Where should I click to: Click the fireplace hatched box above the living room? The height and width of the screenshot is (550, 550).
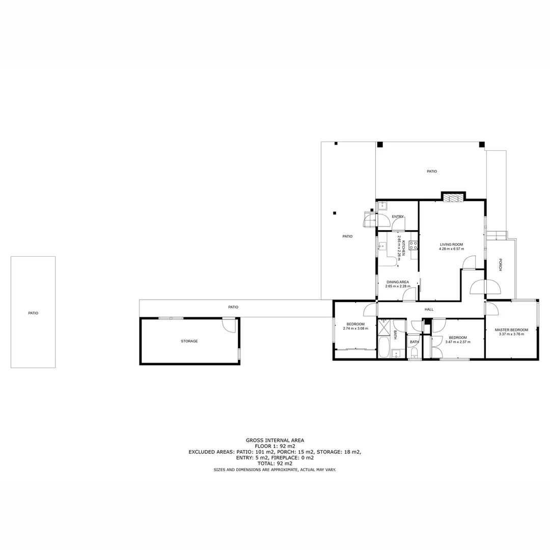(453, 197)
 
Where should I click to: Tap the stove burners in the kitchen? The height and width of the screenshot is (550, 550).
(413, 245)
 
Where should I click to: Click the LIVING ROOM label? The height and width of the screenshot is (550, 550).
(451, 244)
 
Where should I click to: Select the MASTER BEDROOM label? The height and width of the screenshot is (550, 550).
(511, 330)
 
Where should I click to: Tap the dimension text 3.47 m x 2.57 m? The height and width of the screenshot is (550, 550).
(457, 342)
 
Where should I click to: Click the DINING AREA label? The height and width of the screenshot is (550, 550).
(397, 282)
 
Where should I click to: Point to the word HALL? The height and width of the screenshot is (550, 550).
(429, 309)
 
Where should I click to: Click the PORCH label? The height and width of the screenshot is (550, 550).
(501, 265)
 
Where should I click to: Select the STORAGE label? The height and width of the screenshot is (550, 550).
(189, 341)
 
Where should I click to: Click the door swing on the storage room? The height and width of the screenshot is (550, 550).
(229, 325)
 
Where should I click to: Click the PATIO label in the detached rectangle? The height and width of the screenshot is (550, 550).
(33, 313)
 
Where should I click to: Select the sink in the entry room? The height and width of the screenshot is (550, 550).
(381, 206)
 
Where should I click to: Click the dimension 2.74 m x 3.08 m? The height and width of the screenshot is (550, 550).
(355, 328)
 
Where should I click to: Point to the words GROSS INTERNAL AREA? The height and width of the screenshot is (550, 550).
(274, 440)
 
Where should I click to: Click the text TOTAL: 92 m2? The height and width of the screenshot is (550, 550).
(274, 463)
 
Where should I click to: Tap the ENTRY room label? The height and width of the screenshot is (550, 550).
(397, 217)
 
